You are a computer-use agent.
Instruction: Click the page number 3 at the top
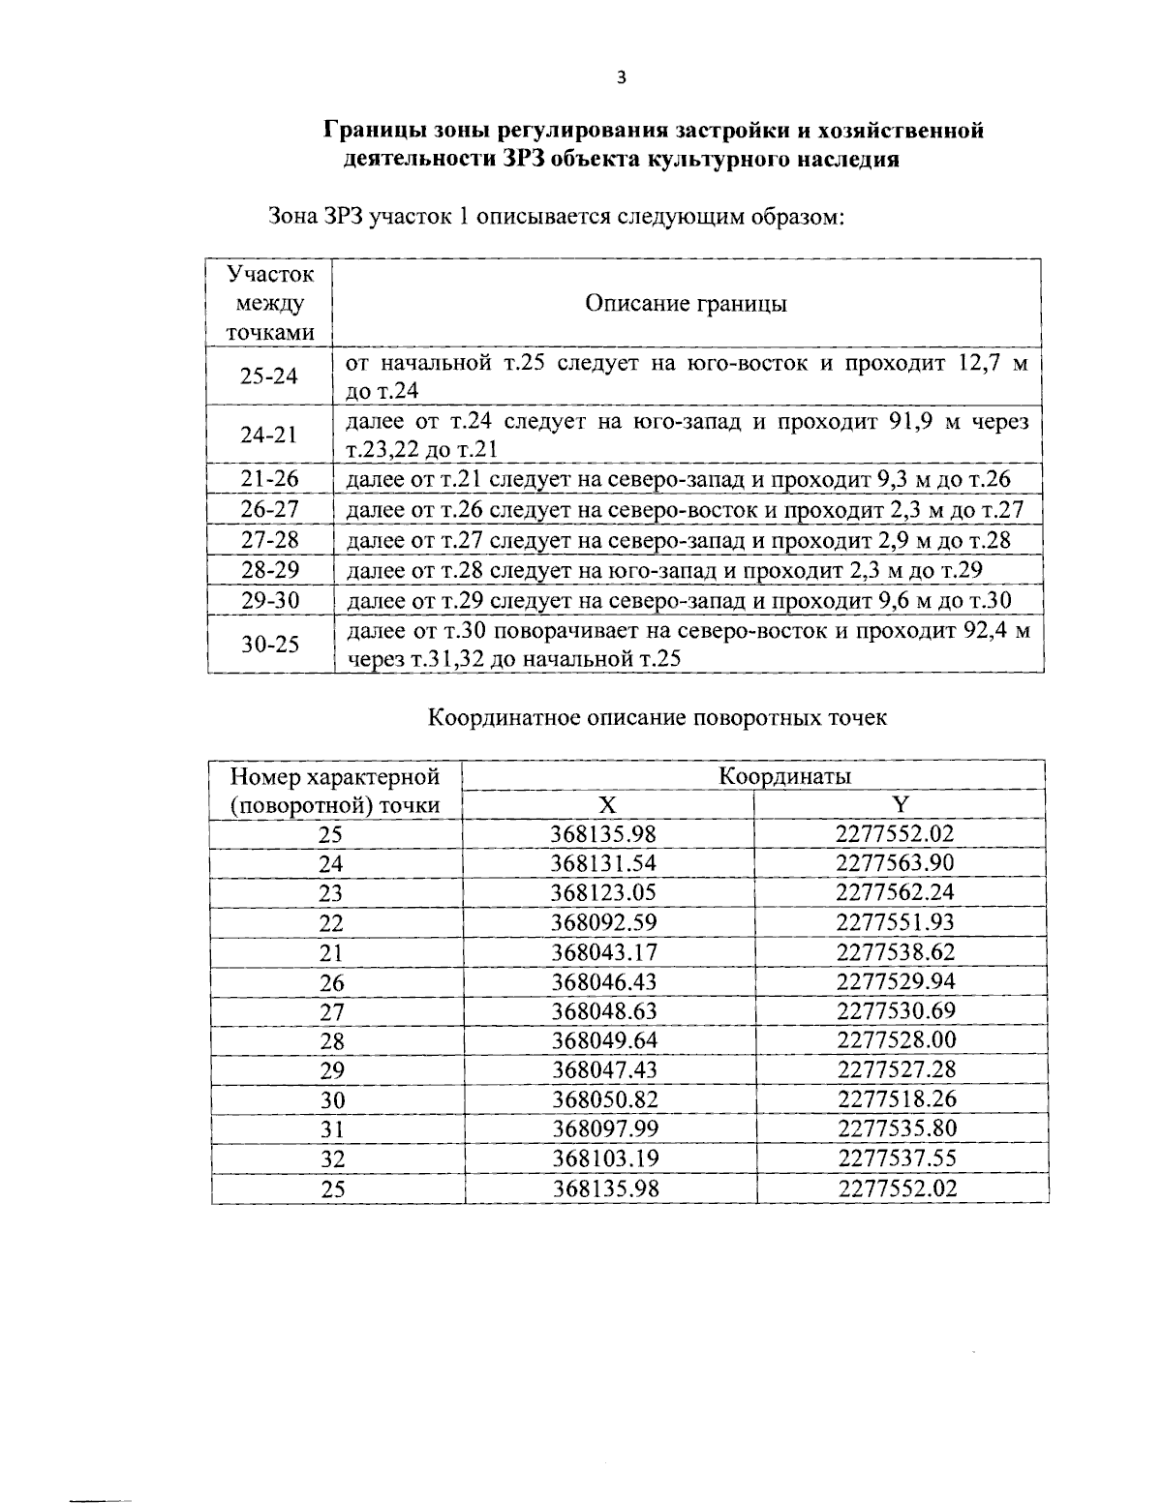[x=621, y=79]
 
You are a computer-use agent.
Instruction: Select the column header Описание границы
[x=686, y=304]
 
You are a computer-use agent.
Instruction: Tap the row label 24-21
[x=269, y=436]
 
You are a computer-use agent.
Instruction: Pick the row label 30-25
[x=270, y=645]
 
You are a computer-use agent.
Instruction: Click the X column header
[x=606, y=805]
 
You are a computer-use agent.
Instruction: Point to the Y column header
[x=900, y=805]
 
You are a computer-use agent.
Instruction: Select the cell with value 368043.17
[x=604, y=952]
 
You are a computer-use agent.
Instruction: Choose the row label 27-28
[x=270, y=540]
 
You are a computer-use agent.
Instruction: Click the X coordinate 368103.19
[x=605, y=1159]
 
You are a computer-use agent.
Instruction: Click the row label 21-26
[x=270, y=479]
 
